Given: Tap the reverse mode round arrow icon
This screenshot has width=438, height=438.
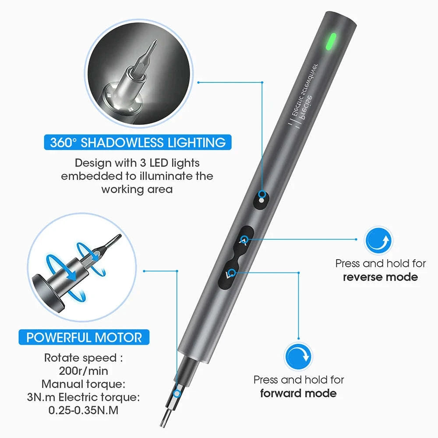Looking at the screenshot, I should point(379,240).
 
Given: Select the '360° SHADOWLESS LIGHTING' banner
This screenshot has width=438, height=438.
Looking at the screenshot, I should point(138,142).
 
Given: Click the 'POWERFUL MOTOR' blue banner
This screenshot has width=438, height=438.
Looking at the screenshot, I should point(84,338).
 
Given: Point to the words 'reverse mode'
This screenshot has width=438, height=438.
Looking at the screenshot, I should point(380,277).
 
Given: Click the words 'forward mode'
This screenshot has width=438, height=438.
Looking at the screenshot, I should point(298,393).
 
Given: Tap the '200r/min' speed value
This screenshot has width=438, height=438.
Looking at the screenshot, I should point(83,371).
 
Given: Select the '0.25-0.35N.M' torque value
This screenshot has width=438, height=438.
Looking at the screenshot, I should point(84,411).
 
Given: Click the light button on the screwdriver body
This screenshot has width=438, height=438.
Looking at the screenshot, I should point(261,199).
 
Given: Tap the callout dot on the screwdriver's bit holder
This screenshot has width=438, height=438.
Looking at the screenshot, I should point(177,394).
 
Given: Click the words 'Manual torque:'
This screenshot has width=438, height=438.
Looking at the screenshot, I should point(84,385).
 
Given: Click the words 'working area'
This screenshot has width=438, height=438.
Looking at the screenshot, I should point(137,190).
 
